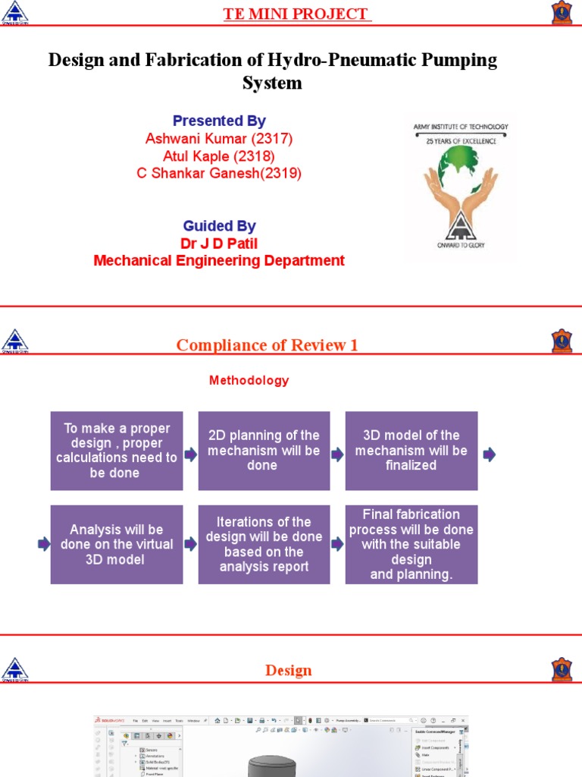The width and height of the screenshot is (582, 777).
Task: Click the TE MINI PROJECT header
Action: point(296,14)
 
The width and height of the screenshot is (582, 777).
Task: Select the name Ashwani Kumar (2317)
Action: point(218,138)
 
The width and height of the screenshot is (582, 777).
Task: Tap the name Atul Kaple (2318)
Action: point(218,156)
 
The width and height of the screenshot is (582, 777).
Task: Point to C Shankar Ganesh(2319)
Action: point(218,173)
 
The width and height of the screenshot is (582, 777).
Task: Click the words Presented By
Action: point(219,121)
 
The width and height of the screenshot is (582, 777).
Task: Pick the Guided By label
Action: point(219,225)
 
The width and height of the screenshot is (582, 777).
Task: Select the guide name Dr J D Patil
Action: point(219,244)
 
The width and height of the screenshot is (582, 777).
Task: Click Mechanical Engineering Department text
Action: point(219,261)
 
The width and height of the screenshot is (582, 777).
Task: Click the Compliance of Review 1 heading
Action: point(267,345)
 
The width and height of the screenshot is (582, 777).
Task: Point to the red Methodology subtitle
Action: point(249,380)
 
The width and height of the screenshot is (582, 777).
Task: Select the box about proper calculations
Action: point(117,451)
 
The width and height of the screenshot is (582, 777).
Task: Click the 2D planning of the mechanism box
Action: point(264,451)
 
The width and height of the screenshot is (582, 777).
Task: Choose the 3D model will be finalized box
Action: point(411,451)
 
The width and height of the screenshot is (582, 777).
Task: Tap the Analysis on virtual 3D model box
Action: point(117,544)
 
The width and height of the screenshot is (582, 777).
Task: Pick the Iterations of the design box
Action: point(264,544)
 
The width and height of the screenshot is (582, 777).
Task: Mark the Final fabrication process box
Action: point(411,544)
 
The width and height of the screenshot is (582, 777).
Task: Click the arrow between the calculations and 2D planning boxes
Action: point(190,455)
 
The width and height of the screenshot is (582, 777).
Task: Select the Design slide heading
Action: point(289,670)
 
